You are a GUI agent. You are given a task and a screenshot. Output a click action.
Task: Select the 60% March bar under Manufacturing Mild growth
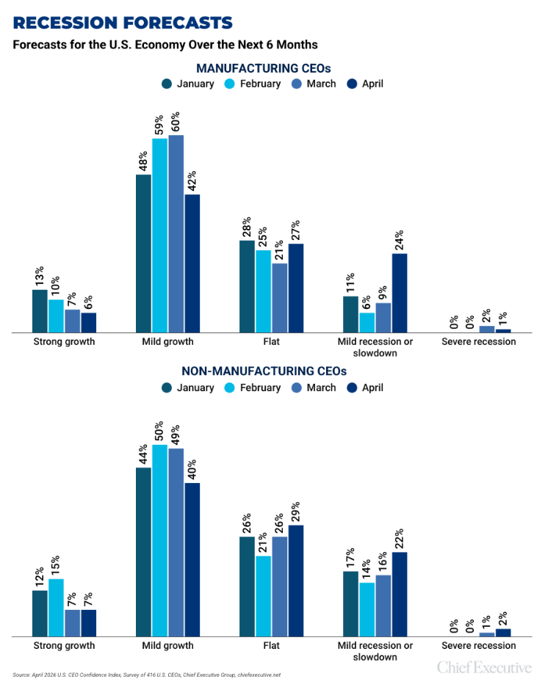176,234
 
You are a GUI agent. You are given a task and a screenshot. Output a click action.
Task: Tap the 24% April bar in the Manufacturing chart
399,293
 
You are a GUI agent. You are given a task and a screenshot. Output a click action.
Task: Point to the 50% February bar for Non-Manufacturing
159,540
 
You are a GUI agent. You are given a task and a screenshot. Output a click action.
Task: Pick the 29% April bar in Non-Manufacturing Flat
295,580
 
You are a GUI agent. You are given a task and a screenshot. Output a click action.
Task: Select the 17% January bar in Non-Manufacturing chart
350,603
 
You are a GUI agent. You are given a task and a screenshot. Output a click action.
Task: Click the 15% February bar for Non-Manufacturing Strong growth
56,607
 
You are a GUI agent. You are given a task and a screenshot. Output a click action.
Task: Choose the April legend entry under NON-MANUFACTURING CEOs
364,388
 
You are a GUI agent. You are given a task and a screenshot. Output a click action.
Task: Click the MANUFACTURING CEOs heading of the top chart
272,68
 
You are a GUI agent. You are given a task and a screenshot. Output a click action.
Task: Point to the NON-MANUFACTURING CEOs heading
272,371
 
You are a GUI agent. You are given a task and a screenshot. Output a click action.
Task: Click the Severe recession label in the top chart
478,341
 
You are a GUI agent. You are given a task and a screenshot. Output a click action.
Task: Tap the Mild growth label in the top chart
168,341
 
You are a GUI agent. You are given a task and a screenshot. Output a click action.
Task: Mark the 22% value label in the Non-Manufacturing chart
399,539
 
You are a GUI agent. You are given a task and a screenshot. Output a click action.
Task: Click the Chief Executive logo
484,667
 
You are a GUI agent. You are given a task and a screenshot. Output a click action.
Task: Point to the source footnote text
146,675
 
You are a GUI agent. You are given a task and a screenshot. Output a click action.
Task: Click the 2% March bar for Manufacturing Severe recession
487,330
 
